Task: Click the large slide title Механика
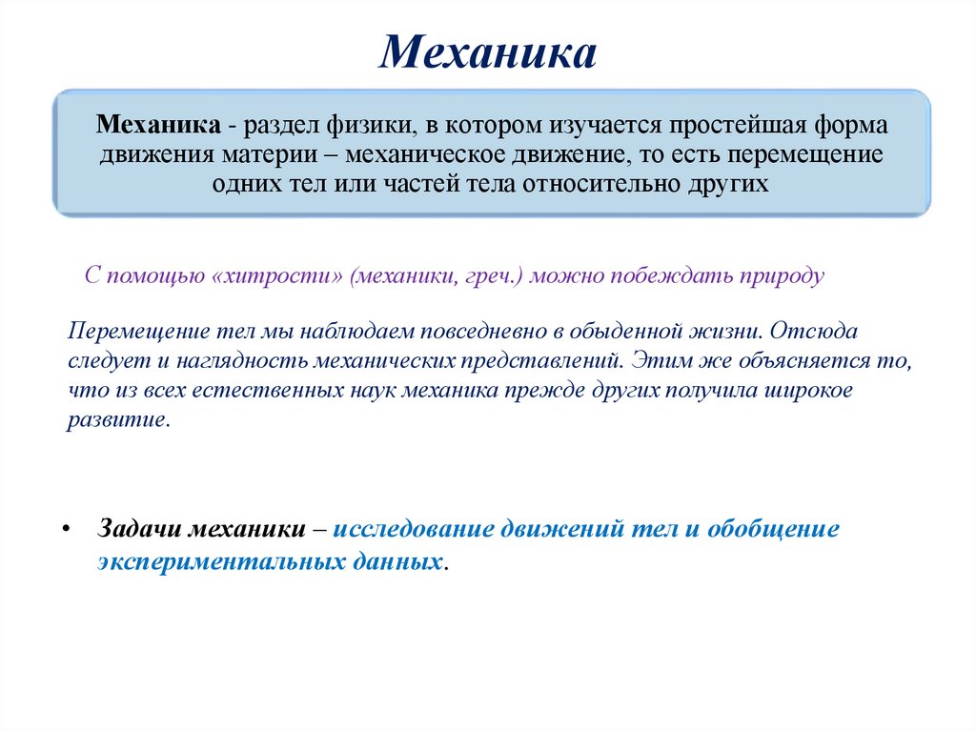point(487,52)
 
